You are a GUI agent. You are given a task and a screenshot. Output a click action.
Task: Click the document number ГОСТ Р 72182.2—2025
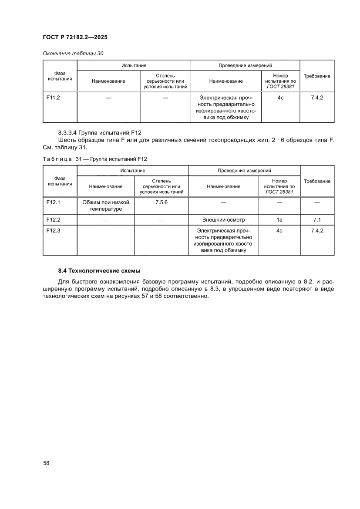coord(75,37)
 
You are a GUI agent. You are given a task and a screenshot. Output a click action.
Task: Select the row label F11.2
coord(53,98)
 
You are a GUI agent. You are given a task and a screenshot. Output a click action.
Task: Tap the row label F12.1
coord(53,202)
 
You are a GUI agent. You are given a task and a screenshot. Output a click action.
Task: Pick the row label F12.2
coord(53,220)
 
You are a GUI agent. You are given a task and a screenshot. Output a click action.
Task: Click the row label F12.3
coord(53,231)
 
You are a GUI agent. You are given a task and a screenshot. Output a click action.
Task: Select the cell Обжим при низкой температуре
coord(106,206)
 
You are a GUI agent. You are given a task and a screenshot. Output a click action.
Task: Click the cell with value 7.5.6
coord(161,202)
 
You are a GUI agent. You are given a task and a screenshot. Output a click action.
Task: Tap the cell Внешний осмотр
coord(223,220)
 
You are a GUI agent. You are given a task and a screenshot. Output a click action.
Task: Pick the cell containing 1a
coord(279,220)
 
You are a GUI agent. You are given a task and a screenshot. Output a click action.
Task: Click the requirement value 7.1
coord(317,220)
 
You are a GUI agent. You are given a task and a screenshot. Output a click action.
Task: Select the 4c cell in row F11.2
coord(280,98)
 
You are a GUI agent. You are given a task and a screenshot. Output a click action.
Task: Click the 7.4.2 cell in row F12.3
coord(317,231)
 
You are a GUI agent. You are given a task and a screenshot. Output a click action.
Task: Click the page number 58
coord(46,463)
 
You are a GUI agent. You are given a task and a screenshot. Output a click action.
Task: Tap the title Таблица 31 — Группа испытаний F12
coord(98,159)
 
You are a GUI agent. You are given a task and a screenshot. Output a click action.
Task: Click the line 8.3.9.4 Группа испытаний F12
coord(100,132)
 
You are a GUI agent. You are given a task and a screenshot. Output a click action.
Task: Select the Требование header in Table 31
coord(317,181)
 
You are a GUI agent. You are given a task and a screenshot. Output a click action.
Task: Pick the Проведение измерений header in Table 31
coord(244,171)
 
